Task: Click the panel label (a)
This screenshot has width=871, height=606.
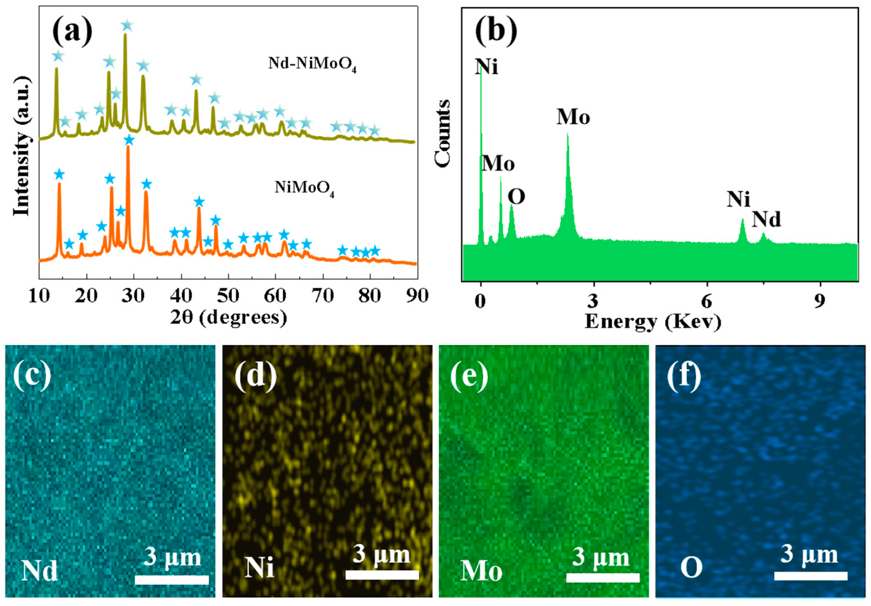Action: pos(72,32)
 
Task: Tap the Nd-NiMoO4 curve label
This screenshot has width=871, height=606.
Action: pos(312,64)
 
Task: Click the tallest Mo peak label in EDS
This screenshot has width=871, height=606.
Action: pos(573,117)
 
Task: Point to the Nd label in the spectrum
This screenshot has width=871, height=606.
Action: pos(766,219)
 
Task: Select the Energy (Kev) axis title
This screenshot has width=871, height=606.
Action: pos(652,322)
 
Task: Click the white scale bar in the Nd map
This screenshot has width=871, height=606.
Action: pos(172,579)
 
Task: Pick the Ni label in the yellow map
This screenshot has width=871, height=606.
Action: pos(259,568)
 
